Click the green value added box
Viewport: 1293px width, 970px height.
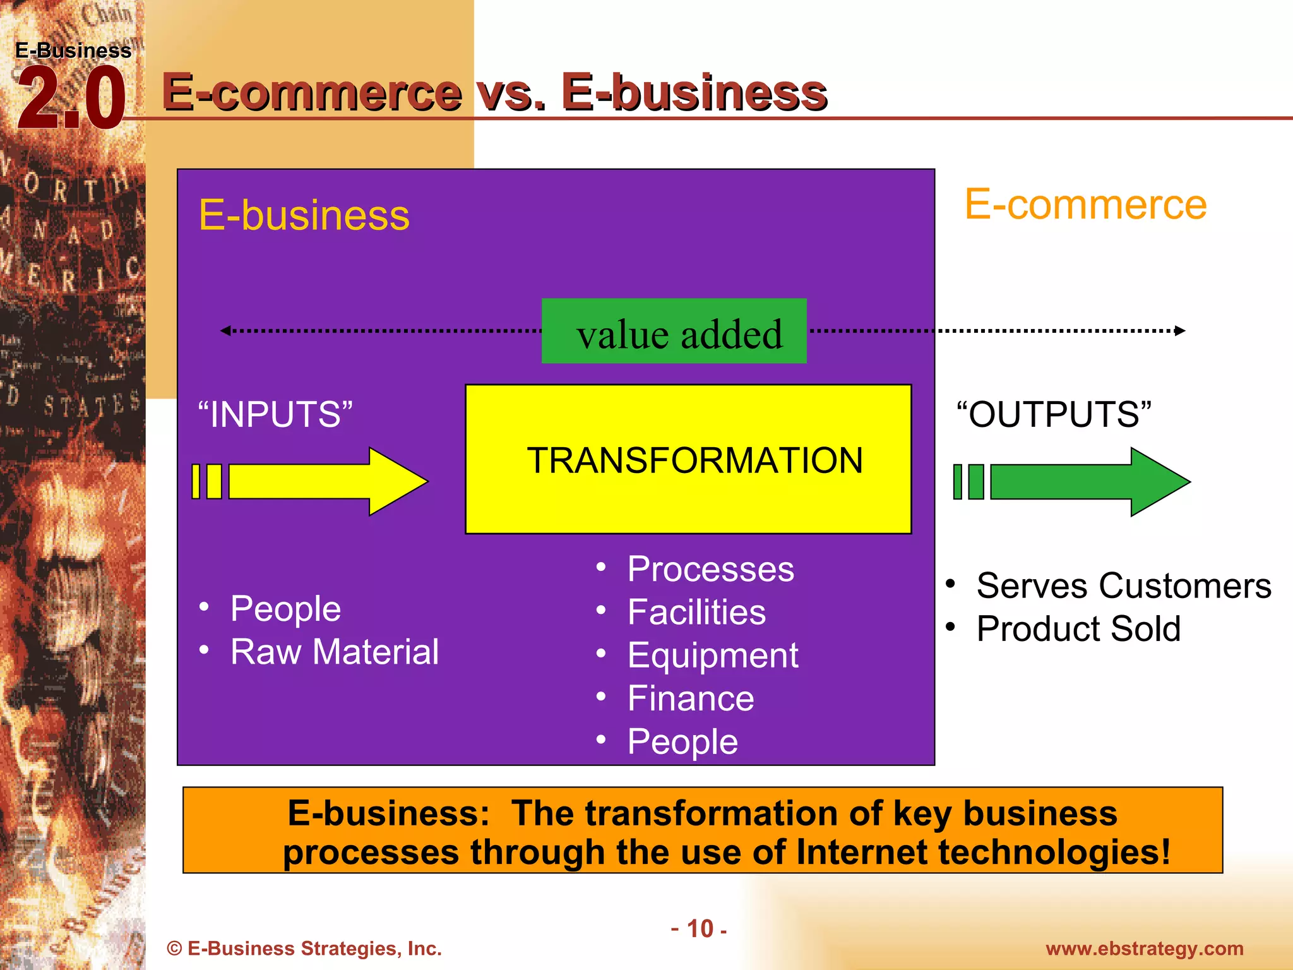pos(674,331)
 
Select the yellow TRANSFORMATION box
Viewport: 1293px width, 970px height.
pos(688,459)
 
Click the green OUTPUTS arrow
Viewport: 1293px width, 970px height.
pos(1073,481)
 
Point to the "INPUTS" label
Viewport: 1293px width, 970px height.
pos(275,414)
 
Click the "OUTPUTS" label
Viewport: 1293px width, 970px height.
pos(1054,414)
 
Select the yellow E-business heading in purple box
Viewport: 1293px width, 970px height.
pos(304,215)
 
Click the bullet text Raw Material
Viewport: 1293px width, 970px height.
pos(335,652)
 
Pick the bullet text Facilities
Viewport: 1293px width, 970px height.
pos(696,612)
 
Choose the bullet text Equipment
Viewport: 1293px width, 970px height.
pos(713,655)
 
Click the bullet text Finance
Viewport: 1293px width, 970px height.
pos(691,698)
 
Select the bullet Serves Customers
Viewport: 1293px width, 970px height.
pos(1123,585)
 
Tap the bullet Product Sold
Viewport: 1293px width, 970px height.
pos(1078,629)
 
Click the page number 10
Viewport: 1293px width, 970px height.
pos(700,929)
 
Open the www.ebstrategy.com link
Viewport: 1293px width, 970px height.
pos(1144,949)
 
